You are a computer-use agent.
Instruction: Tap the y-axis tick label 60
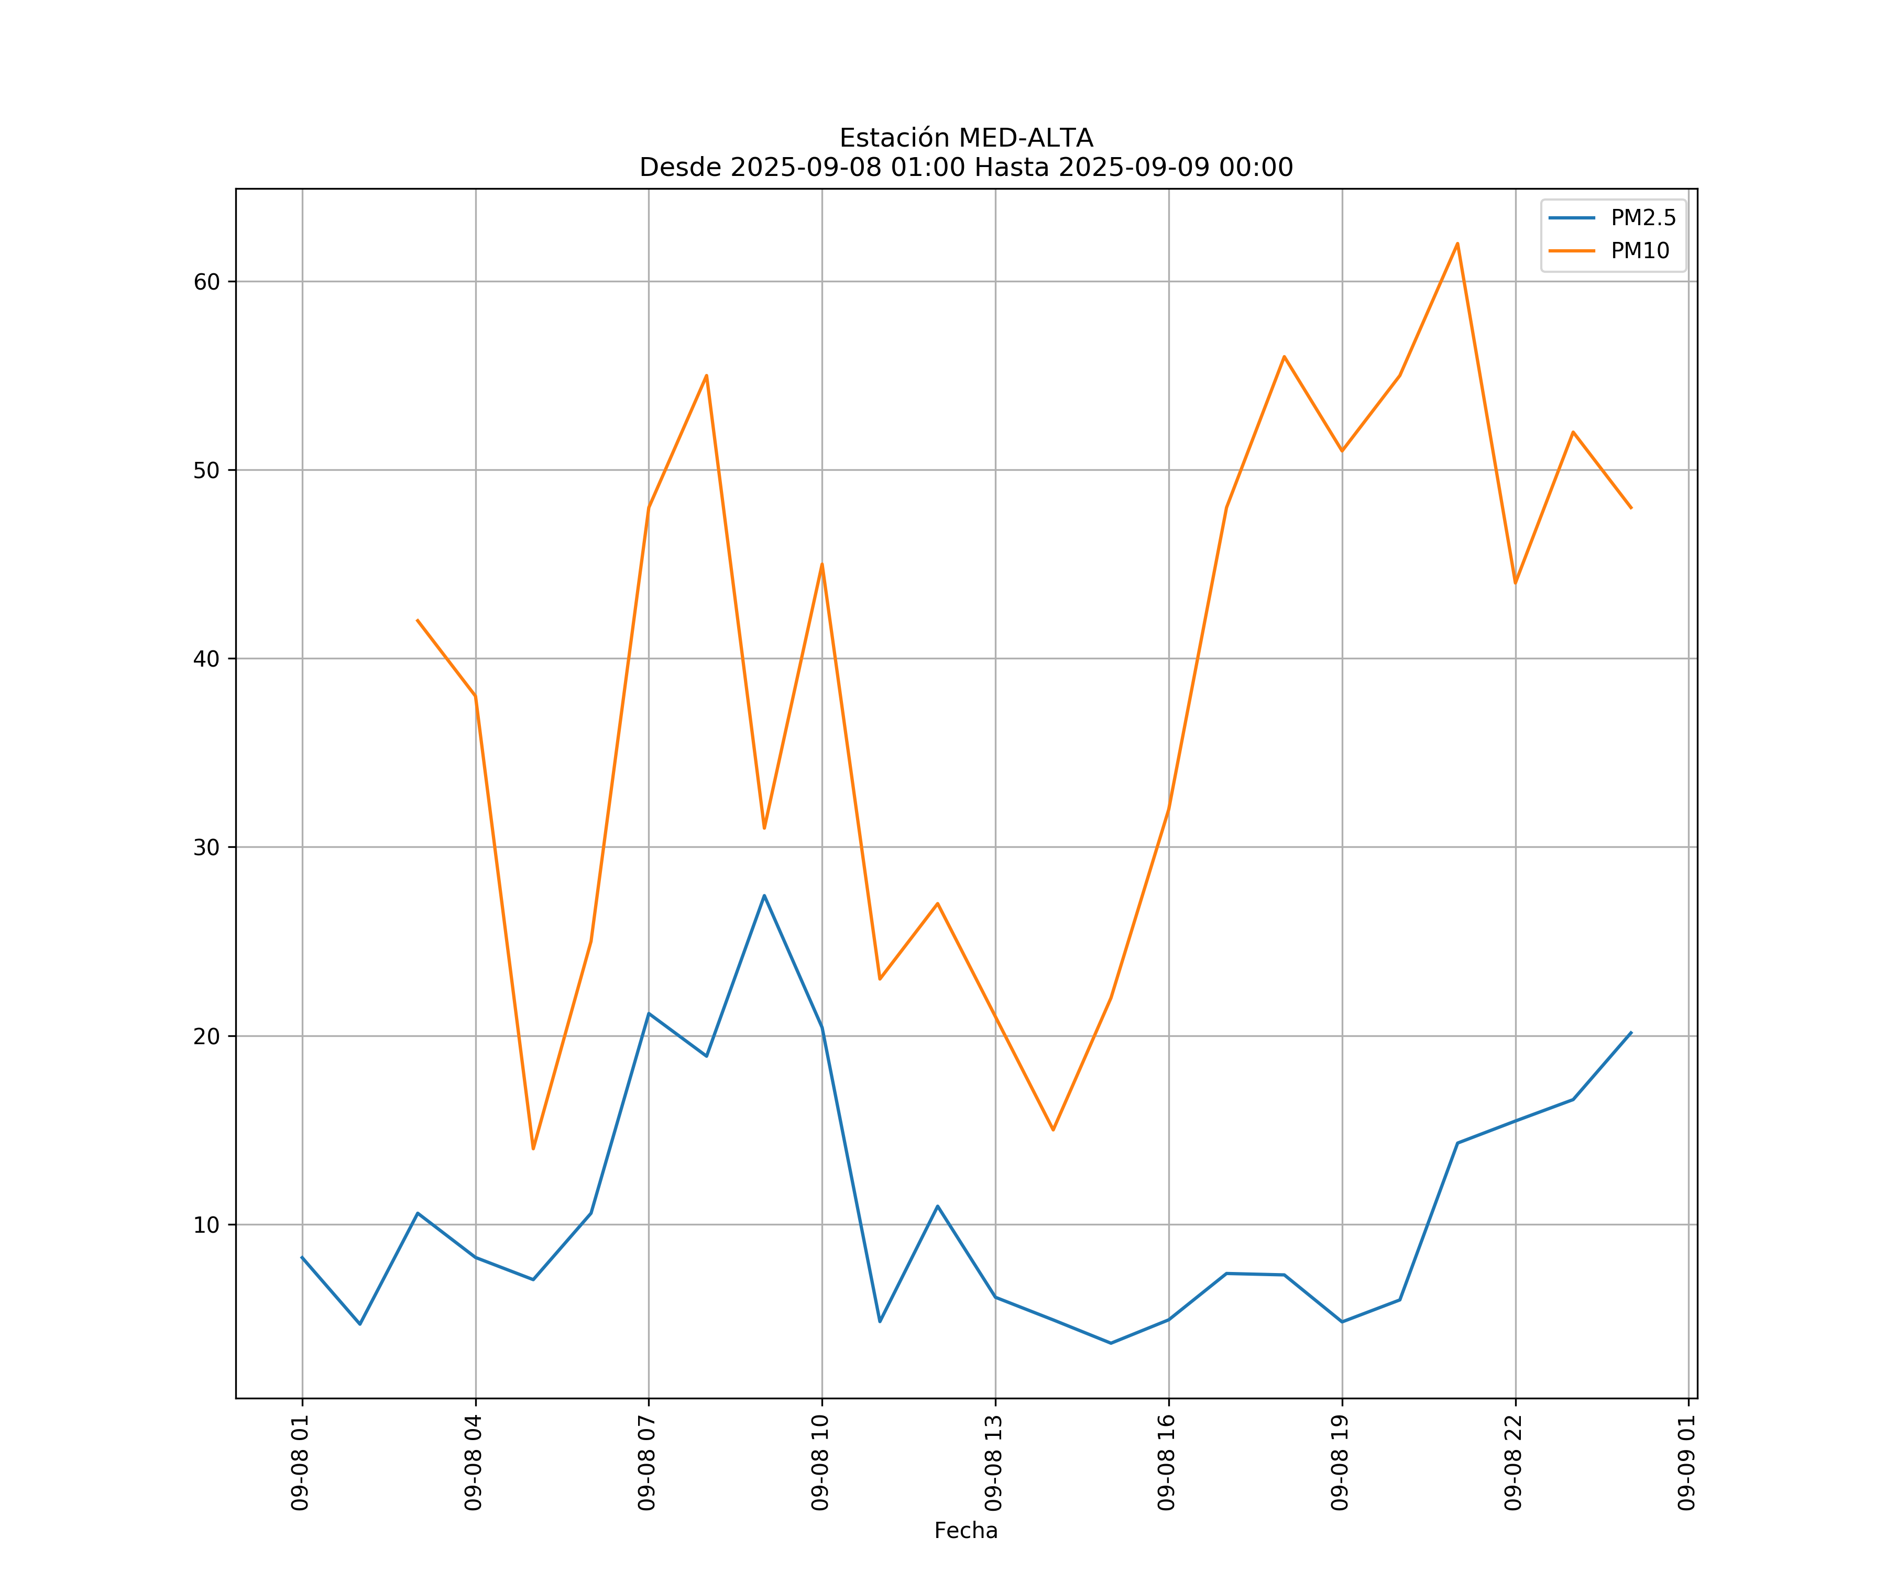coord(206,282)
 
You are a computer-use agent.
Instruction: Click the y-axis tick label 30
coord(206,847)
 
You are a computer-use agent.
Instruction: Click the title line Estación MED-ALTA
coord(966,138)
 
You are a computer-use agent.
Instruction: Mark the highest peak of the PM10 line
coord(1457,244)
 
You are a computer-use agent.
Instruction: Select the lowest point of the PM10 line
coord(533,1149)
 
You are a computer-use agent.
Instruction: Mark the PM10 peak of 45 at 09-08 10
coord(822,565)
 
